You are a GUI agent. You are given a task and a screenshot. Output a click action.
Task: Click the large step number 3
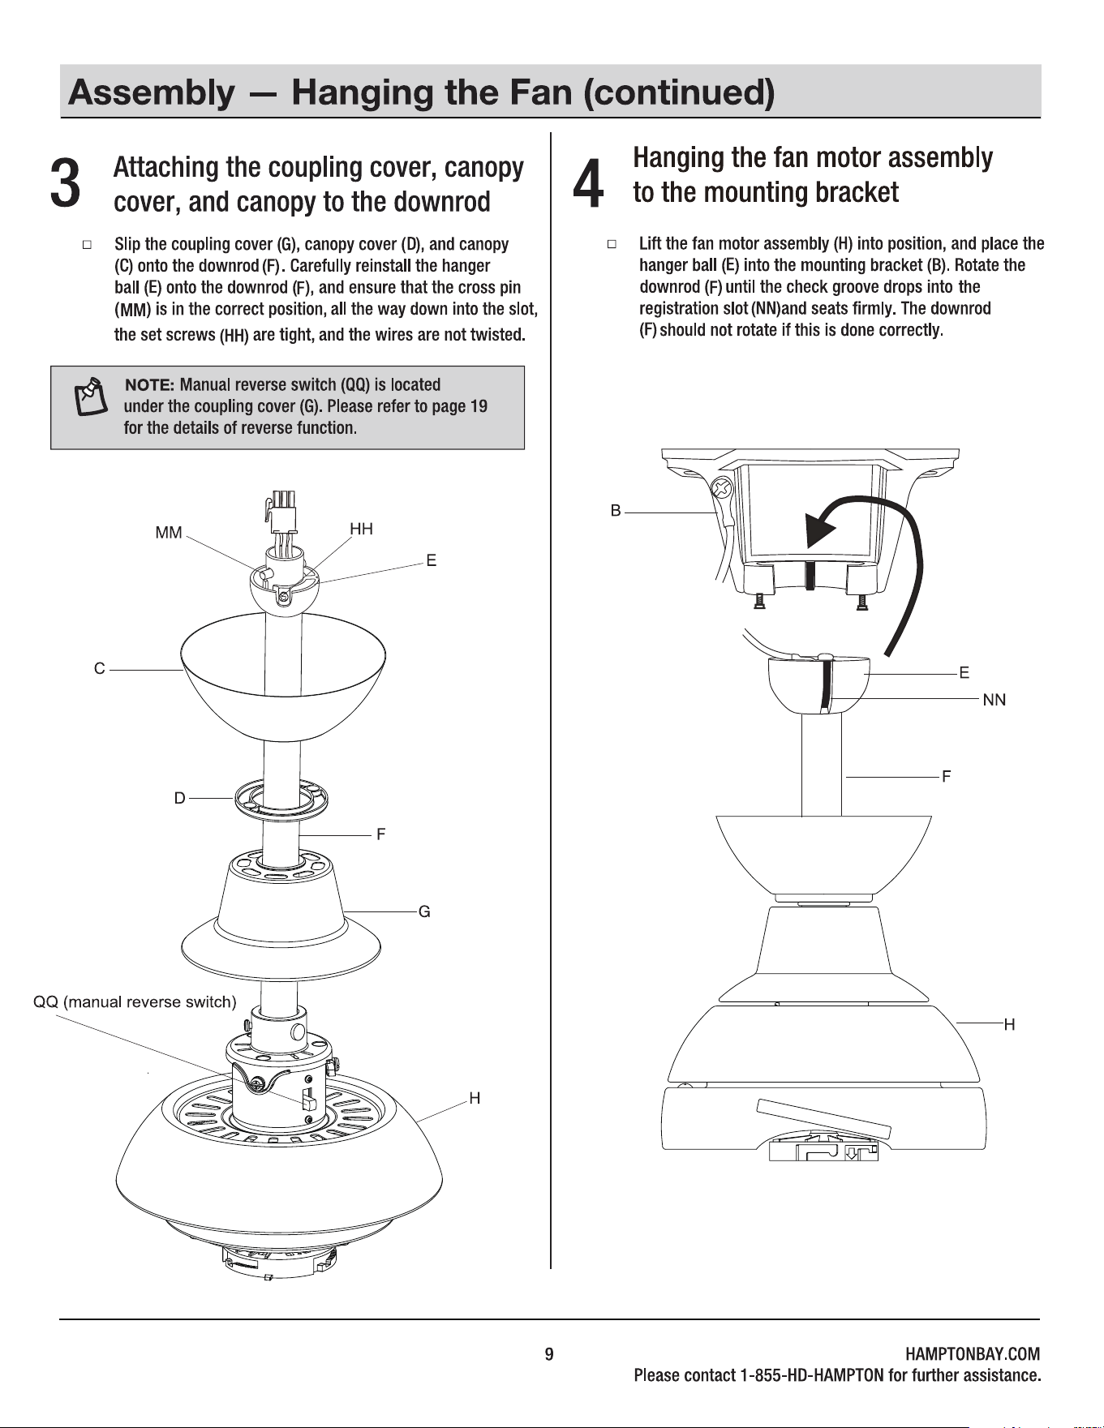click(65, 182)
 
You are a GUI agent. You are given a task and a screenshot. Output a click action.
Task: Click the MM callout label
click(169, 533)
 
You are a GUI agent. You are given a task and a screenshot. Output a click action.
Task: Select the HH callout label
click(361, 529)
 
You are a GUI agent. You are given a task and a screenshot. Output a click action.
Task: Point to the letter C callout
click(99, 669)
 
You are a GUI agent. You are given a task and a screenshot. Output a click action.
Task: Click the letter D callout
click(180, 798)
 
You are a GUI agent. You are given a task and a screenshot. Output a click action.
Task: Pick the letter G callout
click(424, 912)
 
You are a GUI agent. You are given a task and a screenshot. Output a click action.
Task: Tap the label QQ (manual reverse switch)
click(135, 1002)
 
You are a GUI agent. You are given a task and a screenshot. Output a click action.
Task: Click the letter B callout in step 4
click(616, 510)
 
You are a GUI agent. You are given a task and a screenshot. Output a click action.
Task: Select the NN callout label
click(994, 700)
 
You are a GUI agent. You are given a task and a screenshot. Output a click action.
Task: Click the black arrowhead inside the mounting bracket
click(819, 532)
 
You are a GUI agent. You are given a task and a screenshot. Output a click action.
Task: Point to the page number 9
click(549, 1354)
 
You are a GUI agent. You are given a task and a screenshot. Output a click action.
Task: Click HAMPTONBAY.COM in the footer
click(972, 1354)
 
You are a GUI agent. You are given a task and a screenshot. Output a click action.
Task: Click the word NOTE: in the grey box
click(149, 384)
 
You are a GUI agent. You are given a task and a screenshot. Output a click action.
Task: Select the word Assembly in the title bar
click(152, 93)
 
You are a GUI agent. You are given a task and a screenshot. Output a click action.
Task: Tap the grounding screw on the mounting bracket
click(722, 489)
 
